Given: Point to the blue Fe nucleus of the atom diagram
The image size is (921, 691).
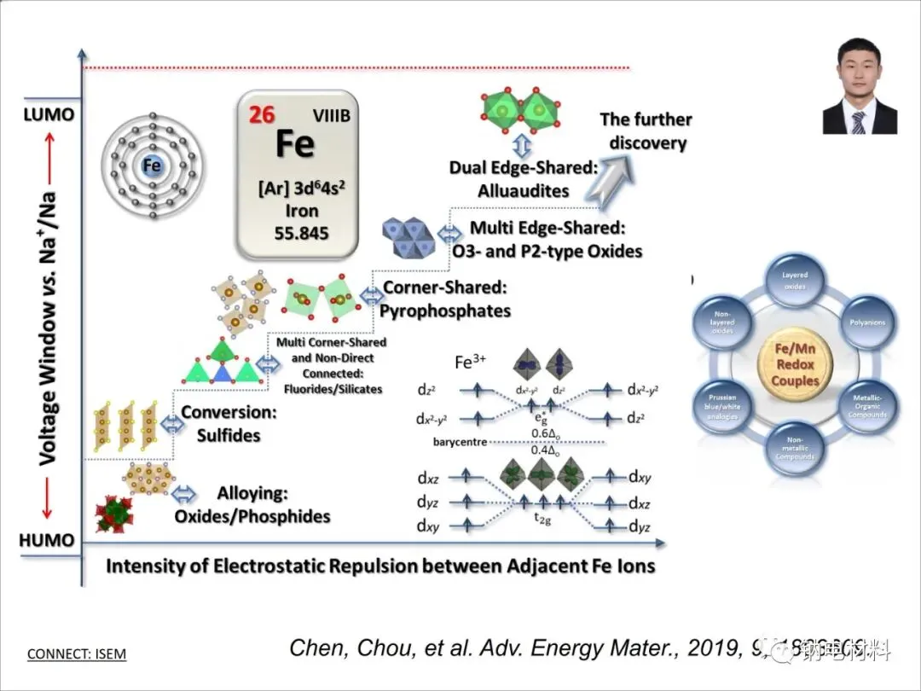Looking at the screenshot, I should tap(153, 165).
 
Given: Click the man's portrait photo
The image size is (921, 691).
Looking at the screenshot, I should tap(859, 85).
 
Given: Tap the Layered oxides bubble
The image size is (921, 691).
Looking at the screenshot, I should tap(794, 281).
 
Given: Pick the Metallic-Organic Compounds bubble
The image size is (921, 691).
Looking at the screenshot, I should tap(866, 405).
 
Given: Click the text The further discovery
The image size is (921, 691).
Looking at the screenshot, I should tap(646, 131).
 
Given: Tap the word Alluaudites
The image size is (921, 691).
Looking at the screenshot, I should tap(524, 190).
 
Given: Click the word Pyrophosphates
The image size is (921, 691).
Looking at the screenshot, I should tap(444, 311).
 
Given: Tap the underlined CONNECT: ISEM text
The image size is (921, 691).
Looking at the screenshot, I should tap(77, 654).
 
